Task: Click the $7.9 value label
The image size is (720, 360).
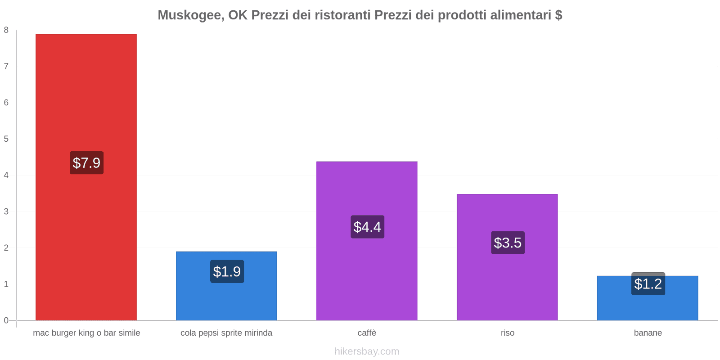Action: [x=86, y=163]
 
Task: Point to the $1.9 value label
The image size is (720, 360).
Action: [x=227, y=272]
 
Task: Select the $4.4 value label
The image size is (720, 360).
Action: [x=367, y=227]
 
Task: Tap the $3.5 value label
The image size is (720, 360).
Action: [x=508, y=243]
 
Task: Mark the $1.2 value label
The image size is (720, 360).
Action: [x=648, y=284]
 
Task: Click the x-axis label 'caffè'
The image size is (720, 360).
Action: [x=367, y=333]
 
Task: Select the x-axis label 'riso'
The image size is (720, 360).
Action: [x=507, y=333]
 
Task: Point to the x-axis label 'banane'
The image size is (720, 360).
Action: [x=648, y=333]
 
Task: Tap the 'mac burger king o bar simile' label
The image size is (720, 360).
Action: [x=86, y=333]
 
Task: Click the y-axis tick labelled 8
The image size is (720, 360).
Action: [x=6, y=30]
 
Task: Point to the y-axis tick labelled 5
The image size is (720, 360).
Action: [x=6, y=139]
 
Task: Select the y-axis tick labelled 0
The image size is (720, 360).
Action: [x=6, y=320]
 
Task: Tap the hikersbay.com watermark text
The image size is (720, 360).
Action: [x=367, y=351]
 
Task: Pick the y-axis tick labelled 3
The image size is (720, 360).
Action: [x=6, y=211]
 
